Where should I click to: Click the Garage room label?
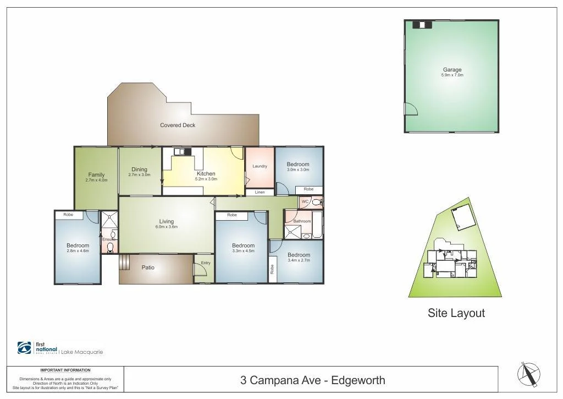[452, 70]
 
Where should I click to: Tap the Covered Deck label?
[178, 125]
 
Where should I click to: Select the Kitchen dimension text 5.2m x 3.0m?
[206, 179]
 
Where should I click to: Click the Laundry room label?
[260, 166]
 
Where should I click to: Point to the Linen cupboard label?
[260, 192]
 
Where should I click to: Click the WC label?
[305, 202]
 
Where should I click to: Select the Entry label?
[205, 263]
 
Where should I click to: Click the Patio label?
[148, 268]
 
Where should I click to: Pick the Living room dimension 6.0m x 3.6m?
[166, 227]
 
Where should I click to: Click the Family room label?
[96, 175]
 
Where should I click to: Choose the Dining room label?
[139, 170]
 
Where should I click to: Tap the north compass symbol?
[528, 375]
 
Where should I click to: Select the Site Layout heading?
[456, 313]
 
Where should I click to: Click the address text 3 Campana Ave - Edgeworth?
[312, 380]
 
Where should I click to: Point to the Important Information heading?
[65, 370]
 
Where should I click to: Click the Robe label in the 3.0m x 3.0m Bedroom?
[308, 189]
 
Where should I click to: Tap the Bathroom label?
[302, 221]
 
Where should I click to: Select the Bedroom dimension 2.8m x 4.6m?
[78, 251]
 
